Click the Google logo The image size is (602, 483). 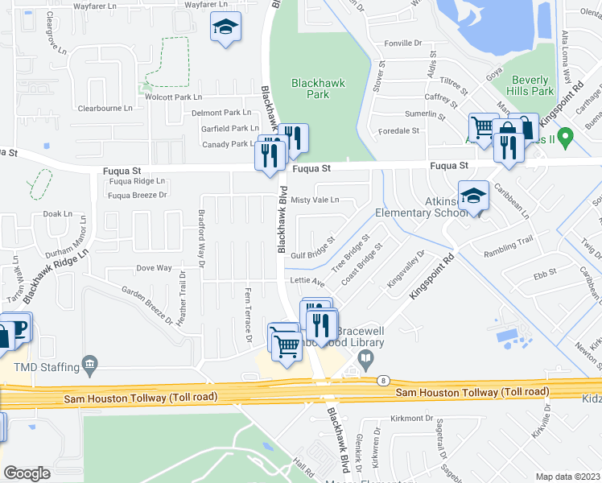pyautogui.click(x=27, y=473)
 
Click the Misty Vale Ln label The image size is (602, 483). pyautogui.click(x=315, y=200)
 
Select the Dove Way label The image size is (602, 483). pyautogui.click(x=154, y=268)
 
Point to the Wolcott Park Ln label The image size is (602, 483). pyautogui.click(x=173, y=97)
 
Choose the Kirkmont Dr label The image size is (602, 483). pyautogui.click(x=412, y=419)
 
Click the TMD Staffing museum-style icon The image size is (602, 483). pyautogui.click(x=90, y=365)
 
